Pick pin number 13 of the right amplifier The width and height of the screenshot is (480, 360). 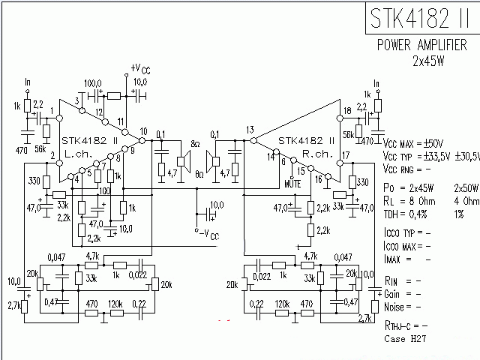(250, 130)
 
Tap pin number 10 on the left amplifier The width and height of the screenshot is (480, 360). (143, 131)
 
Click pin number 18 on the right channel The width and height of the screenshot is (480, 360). (346, 111)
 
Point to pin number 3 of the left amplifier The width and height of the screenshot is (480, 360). (77, 100)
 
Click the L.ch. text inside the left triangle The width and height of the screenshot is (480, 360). (79, 153)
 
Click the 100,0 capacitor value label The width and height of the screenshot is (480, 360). (94, 82)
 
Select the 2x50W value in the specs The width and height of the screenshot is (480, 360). (465, 187)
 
